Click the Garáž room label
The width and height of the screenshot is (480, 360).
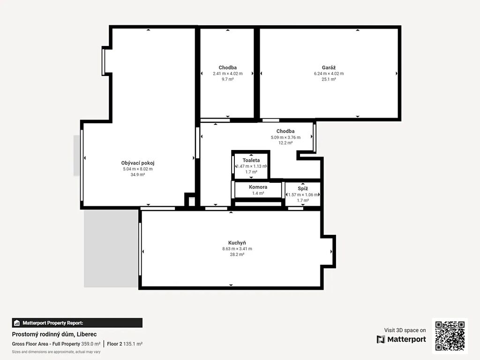tap(329, 67)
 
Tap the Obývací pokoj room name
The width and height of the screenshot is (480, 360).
tap(138, 163)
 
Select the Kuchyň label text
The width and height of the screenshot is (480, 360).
tap(237, 243)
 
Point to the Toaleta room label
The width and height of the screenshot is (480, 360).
tap(251, 160)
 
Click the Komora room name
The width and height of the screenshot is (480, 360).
tap(258, 187)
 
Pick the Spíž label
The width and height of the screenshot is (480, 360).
tap(303, 188)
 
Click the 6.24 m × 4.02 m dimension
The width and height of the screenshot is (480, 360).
tap(329, 74)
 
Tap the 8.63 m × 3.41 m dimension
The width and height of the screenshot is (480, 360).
tap(237, 249)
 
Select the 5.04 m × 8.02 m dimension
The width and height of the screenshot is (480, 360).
tap(138, 169)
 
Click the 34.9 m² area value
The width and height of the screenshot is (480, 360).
tap(138, 175)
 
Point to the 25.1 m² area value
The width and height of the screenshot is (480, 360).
tap(329, 79)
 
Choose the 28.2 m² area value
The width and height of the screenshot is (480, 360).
tap(237, 255)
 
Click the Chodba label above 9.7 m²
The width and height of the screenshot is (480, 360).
tap(227, 67)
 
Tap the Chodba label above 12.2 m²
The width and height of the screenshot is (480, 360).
tap(285, 131)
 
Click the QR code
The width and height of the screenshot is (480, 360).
tap(450, 336)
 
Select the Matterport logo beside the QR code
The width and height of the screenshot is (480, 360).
tap(401, 339)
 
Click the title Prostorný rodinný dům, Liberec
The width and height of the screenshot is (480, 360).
tap(54, 334)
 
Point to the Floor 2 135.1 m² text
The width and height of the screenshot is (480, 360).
tap(125, 344)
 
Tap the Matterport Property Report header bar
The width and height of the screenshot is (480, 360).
tap(77, 323)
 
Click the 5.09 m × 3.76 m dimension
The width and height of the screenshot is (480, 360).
tap(285, 137)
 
